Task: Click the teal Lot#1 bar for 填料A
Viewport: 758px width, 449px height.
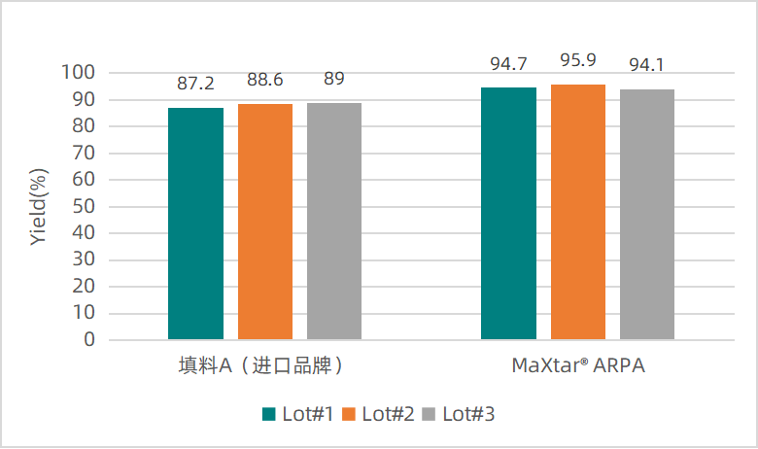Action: pyautogui.click(x=195, y=224)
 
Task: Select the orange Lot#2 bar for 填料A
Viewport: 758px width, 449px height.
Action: pyautogui.click(x=265, y=222)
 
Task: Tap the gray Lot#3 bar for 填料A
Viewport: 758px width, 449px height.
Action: pyautogui.click(x=334, y=221)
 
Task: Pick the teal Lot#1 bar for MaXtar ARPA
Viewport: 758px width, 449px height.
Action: pyautogui.click(x=508, y=214)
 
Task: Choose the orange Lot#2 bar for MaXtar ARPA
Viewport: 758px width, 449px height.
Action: pyautogui.click(x=578, y=212)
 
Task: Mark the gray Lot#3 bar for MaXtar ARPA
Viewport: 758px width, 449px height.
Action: pyautogui.click(x=647, y=215)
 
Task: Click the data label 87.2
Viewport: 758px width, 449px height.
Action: pyautogui.click(x=195, y=85)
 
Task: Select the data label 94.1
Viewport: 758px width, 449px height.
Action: pyautogui.click(x=647, y=66)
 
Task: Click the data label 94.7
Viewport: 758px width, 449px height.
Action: pyautogui.click(x=508, y=65)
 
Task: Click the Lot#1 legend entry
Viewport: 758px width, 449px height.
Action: pyautogui.click(x=299, y=414)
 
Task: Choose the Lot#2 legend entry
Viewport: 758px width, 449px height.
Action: pyautogui.click(x=379, y=414)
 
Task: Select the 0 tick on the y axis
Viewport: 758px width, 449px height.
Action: pyautogui.click(x=88, y=340)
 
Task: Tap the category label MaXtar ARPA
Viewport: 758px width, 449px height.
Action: pyautogui.click(x=578, y=366)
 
